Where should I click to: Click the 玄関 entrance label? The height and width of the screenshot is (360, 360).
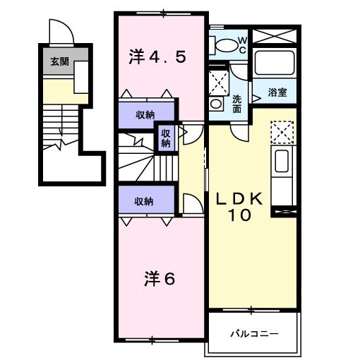[x=59, y=61]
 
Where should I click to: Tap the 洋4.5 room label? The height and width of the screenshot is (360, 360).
[x=157, y=57]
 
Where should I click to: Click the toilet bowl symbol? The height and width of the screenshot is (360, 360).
[x=226, y=45]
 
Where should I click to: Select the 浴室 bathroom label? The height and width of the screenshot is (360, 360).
[x=277, y=91]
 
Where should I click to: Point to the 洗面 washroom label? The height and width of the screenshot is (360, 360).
[x=237, y=104]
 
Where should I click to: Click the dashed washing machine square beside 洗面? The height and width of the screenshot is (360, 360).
[x=220, y=79]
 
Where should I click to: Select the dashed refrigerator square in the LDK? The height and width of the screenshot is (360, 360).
[x=282, y=131]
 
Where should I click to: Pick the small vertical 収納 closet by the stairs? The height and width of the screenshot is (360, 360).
[x=165, y=138]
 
